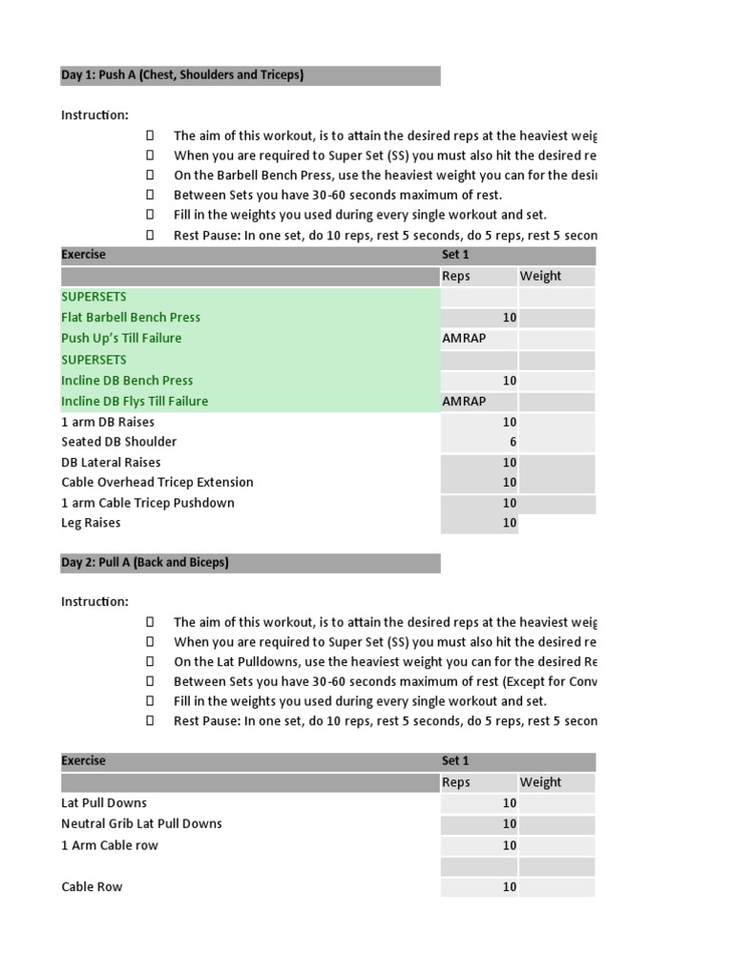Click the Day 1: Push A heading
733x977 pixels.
point(182,74)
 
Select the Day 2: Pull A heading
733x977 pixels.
point(145,562)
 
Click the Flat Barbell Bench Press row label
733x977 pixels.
point(131,317)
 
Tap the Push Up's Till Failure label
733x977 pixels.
point(121,338)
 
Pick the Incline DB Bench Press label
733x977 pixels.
point(127,380)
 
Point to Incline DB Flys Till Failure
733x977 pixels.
point(135,401)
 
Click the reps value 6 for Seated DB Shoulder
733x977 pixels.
point(513,442)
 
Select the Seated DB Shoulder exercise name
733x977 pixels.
point(118,442)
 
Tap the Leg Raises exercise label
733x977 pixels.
point(91,523)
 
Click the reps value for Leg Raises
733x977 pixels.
point(509,523)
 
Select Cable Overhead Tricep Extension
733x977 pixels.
point(157,482)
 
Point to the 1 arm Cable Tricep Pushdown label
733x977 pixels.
point(148,503)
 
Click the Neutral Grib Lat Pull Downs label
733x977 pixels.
point(141,823)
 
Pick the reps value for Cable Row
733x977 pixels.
point(509,886)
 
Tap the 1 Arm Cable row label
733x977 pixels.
point(110,845)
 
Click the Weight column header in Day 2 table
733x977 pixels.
point(540,782)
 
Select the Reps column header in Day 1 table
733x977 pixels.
point(456,276)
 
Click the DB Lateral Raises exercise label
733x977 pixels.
point(111,462)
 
